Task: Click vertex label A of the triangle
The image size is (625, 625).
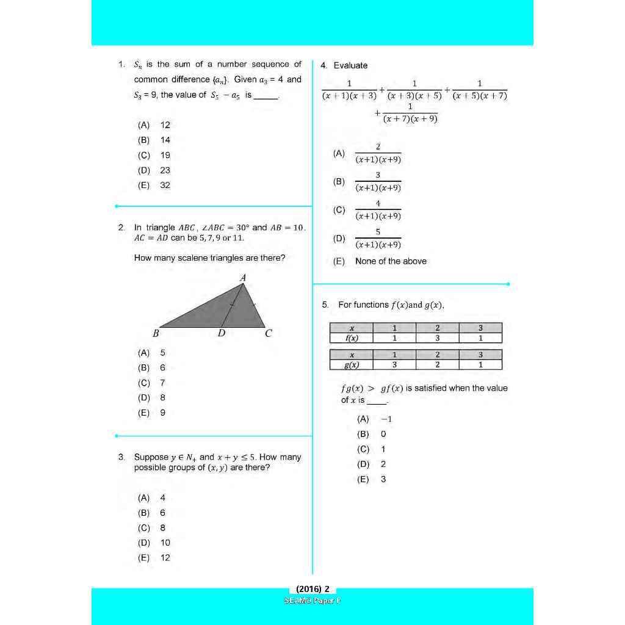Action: pyautogui.click(x=243, y=278)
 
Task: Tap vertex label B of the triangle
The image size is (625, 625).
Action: pyautogui.click(x=156, y=334)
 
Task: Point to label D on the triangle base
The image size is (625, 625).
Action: pyautogui.click(x=222, y=334)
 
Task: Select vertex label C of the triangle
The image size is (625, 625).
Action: pyautogui.click(x=268, y=334)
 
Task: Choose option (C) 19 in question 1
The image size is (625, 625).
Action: pyautogui.click(x=154, y=155)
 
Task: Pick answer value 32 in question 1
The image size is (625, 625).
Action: pyautogui.click(x=165, y=185)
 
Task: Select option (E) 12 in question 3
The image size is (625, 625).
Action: pyautogui.click(x=154, y=557)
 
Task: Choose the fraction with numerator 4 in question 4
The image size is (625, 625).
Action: pyautogui.click(x=378, y=210)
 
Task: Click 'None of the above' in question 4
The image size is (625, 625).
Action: pyautogui.click(x=391, y=261)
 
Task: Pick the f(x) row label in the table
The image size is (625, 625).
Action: pyautogui.click(x=351, y=338)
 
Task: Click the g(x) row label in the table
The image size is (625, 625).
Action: pyautogui.click(x=351, y=365)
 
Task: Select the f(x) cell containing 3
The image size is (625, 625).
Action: pyautogui.click(x=437, y=338)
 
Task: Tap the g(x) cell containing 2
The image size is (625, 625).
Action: pyautogui.click(x=437, y=365)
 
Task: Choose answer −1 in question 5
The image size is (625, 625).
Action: pyautogui.click(x=386, y=419)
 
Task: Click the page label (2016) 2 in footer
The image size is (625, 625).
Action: pyautogui.click(x=312, y=589)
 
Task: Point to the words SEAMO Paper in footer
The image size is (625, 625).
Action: pyautogui.click(x=312, y=601)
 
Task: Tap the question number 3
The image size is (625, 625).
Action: pyautogui.click(x=121, y=457)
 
